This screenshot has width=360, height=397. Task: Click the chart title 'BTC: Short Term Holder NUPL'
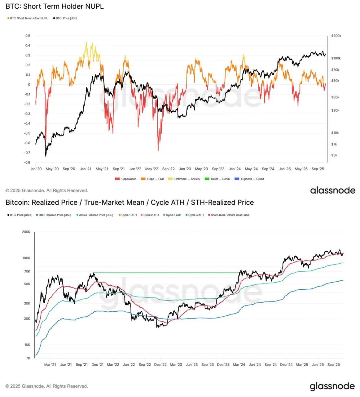pyautogui.click(x=55, y=6)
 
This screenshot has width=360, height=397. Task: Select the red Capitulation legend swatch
pyautogui.click(x=117, y=179)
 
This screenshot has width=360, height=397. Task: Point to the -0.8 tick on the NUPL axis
pyautogui.click(x=27, y=163)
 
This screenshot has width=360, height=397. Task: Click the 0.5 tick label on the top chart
pyautogui.click(x=28, y=36)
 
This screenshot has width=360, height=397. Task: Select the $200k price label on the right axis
pyautogui.click(x=336, y=36)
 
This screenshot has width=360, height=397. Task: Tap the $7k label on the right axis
pyautogui.click(x=334, y=145)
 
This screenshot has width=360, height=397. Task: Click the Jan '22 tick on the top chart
pyautogui.click(x=135, y=169)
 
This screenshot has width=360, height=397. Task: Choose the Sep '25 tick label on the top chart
pyautogui.click(x=318, y=169)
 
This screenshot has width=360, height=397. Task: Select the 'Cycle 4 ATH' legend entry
pyautogui.click(x=195, y=215)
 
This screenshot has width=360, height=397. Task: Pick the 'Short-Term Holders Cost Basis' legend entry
pyautogui.click(x=229, y=215)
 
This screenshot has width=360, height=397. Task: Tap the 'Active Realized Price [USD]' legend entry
pyautogui.click(x=94, y=215)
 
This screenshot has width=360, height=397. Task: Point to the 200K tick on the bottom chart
pyautogui.click(x=26, y=232)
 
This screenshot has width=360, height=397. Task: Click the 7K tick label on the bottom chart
pyautogui.click(x=28, y=359)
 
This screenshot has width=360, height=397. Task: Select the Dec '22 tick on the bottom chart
pyautogui.click(x=160, y=365)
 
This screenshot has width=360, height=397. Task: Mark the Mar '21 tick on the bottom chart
pyautogui.click(x=50, y=365)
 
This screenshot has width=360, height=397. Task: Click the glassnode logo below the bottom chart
pyautogui.click(x=332, y=386)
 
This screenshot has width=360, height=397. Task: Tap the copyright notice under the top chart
pyautogui.click(x=47, y=190)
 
